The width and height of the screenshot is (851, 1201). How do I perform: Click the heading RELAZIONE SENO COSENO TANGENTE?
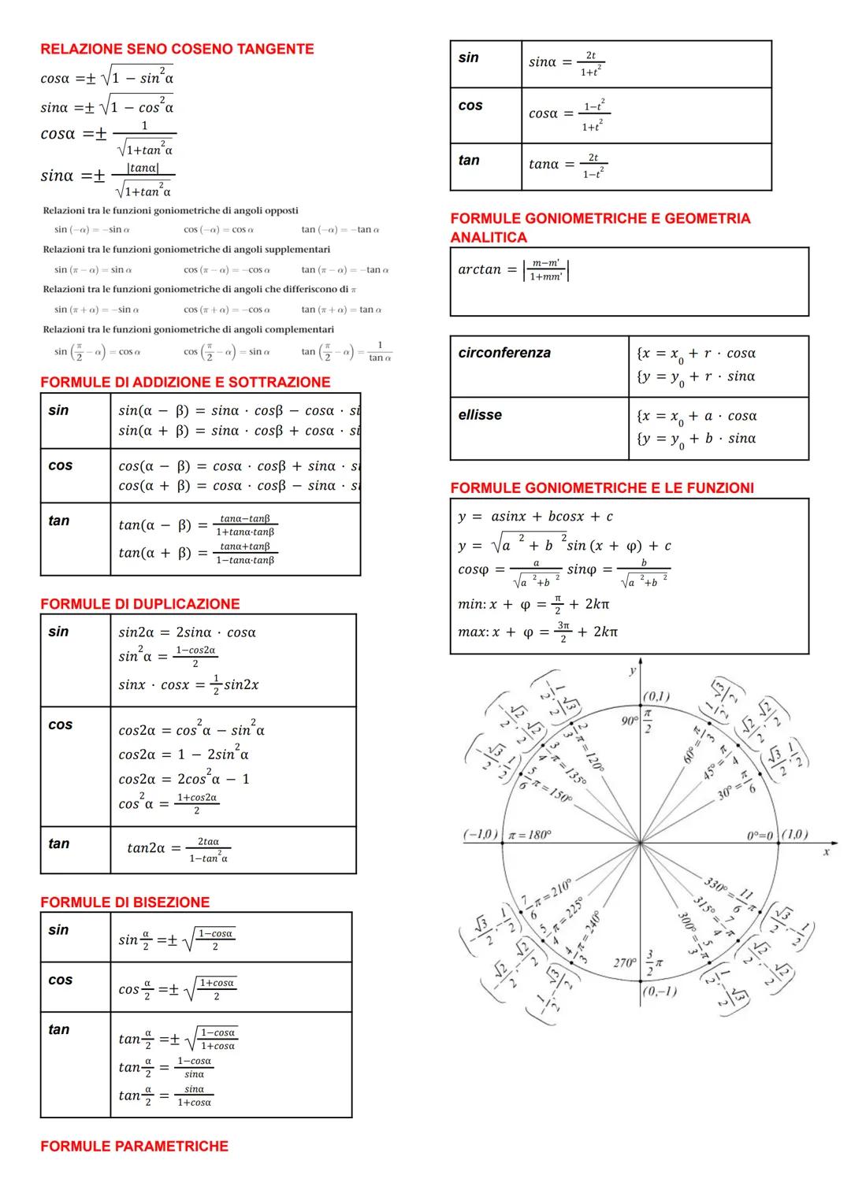pos(177,49)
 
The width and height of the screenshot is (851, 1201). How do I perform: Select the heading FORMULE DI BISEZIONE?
pos(124,902)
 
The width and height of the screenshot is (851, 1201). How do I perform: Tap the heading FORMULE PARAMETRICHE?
pos(134,1146)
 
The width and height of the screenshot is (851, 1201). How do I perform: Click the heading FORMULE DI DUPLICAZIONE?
pos(139,604)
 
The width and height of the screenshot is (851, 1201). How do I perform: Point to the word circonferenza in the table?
pos(504,353)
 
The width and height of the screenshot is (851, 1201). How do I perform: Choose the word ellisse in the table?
pos(479,415)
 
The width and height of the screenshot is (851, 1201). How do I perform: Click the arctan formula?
pos(513,270)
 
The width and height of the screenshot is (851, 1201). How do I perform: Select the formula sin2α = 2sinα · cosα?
pos(187,632)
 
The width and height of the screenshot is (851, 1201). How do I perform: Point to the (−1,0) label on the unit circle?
pos(480,834)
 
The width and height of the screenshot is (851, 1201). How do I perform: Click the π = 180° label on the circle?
pos(530,835)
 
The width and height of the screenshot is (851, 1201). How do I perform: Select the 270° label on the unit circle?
pos(625,963)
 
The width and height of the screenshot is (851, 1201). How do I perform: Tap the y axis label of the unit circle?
pos(632,670)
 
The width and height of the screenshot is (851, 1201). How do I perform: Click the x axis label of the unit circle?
pos(826,851)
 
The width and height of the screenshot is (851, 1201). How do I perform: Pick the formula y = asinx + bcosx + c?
pos(535,517)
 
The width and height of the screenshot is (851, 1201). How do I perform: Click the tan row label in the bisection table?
pos(59,1029)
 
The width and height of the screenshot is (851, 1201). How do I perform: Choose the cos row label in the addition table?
pos(60,465)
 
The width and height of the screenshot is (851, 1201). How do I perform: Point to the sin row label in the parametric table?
pos(468,57)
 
